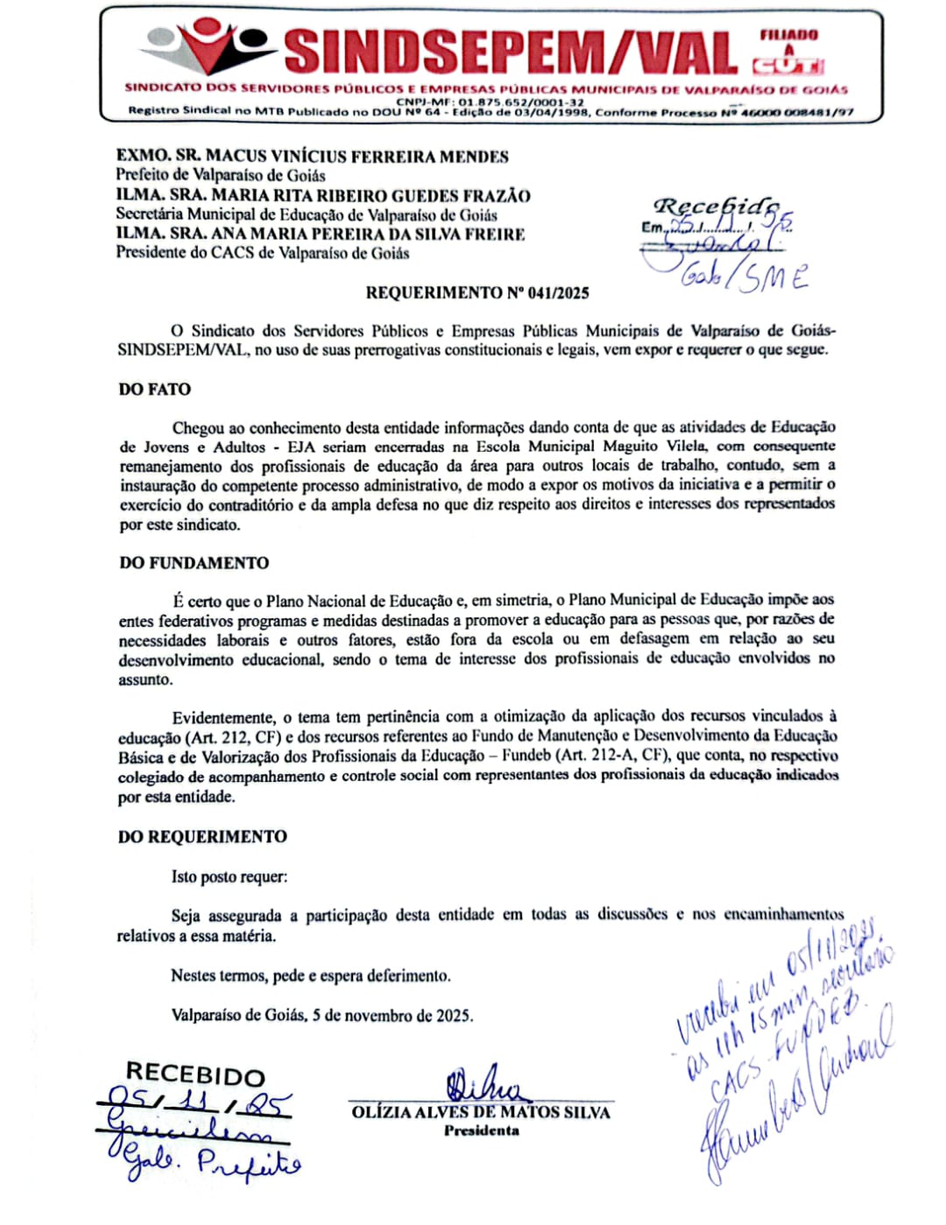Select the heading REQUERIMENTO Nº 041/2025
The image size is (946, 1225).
477,292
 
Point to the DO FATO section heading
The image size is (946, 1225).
155,389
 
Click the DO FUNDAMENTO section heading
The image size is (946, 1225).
194,563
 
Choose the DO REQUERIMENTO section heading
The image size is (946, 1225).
202,836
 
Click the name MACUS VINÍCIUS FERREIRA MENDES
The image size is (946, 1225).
357,157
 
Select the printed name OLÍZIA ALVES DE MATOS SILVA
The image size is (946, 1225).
481,1112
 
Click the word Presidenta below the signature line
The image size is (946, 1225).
481,1130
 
